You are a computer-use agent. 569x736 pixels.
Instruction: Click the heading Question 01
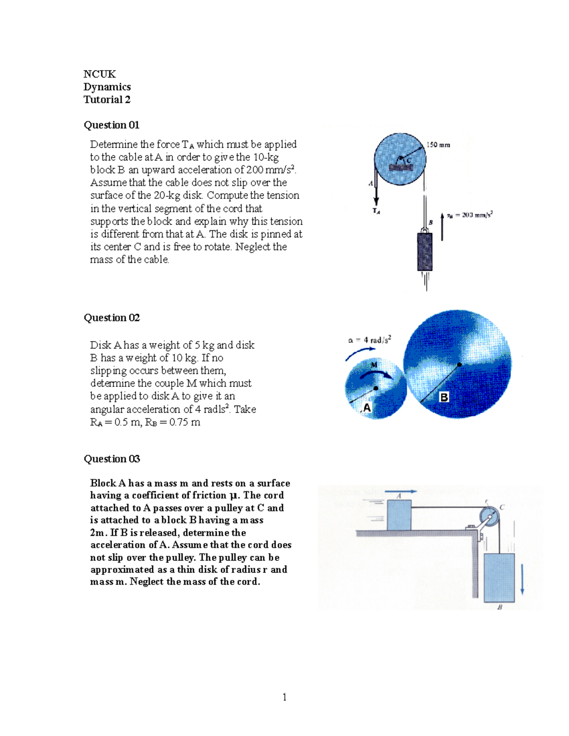click(111, 125)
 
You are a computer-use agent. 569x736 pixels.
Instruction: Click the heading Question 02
click(111, 318)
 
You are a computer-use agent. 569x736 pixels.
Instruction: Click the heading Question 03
click(111, 459)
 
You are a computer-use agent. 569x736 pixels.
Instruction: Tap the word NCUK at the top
click(100, 74)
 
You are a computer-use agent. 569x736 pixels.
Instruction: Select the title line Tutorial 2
click(107, 100)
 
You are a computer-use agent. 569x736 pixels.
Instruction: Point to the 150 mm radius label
click(438, 145)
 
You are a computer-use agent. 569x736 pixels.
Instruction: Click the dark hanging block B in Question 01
click(424, 252)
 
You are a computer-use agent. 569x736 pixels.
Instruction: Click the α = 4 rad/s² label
click(369, 340)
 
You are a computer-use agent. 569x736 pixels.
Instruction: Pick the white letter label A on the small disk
click(367, 408)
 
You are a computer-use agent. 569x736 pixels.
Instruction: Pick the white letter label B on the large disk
click(444, 397)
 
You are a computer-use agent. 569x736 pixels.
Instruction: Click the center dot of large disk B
click(459, 364)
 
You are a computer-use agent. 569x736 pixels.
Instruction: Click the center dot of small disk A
click(376, 388)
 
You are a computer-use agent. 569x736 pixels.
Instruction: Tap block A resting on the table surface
click(399, 515)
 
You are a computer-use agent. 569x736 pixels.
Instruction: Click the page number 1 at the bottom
click(284, 697)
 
